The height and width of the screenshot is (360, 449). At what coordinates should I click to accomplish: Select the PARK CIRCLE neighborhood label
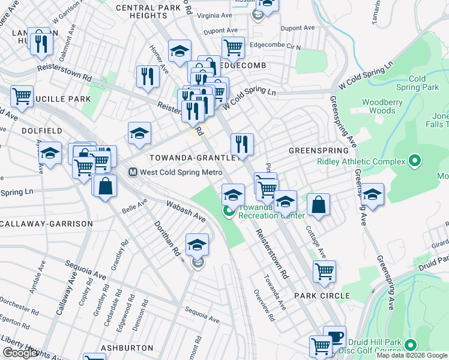point(322,296)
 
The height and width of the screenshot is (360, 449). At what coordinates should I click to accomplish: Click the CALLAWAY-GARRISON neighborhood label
point(47,224)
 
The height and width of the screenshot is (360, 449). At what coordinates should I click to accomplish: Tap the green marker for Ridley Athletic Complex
point(414,161)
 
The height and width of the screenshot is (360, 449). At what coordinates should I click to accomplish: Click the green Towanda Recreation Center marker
point(228,211)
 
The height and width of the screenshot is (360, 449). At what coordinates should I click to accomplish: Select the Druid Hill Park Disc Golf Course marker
point(411,345)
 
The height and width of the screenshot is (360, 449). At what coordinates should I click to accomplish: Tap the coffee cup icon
point(334,336)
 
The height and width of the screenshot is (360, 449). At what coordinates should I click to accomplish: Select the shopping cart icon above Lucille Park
point(22,95)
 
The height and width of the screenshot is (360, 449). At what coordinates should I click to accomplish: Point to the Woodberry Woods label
point(382,106)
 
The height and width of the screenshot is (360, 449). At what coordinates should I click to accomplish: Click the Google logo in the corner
point(20,353)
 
